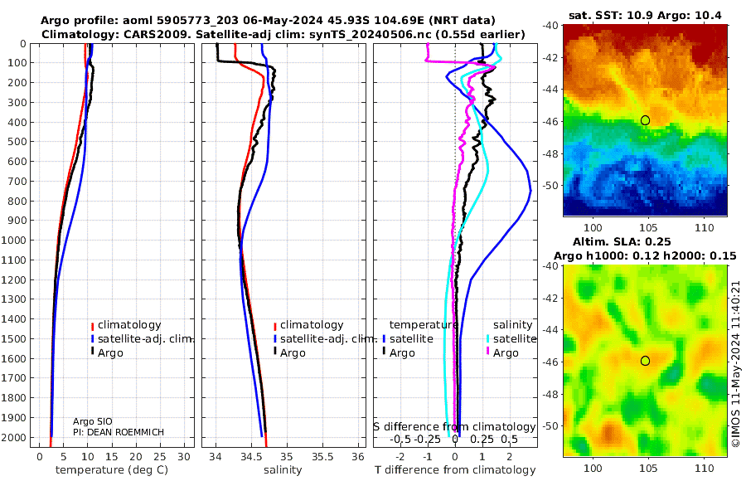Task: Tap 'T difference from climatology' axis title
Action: point(454,470)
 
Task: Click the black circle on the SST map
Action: point(645,120)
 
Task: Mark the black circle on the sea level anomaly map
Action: point(645,361)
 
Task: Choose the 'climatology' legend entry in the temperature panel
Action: point(128,325)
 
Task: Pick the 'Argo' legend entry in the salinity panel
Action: point(294,353)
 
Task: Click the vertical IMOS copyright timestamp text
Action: point(735,363)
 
